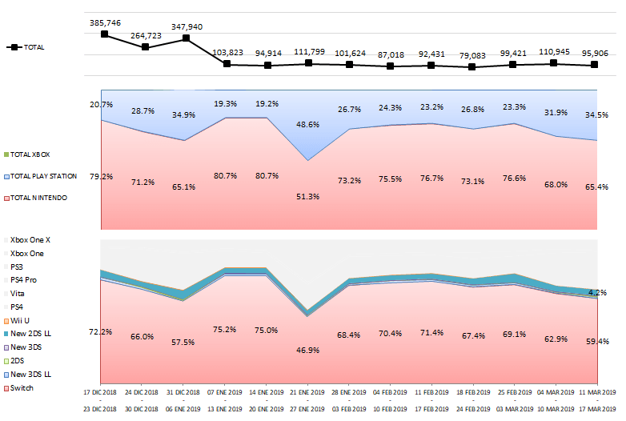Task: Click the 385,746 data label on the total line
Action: coord(105,23)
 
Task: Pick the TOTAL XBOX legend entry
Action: coord(32,154)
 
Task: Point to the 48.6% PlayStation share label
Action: coord(308,125)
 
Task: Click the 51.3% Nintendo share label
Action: coord(308,197)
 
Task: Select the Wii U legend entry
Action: coord(21,320)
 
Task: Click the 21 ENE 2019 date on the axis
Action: coord(308,393)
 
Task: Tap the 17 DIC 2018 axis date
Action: coord(101,393)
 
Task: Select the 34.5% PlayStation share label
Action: coord(597,115)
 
